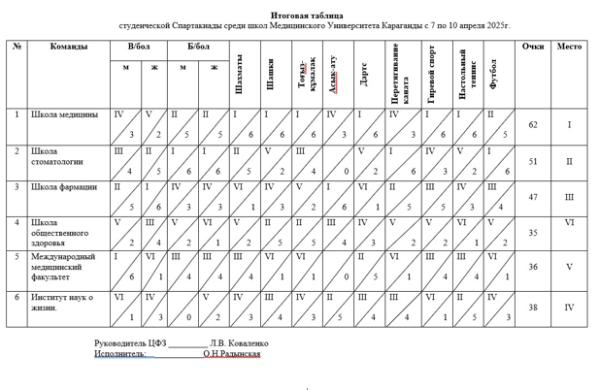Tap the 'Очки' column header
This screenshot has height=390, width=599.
(x=533, y=47)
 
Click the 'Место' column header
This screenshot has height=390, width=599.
(x=570, y=47)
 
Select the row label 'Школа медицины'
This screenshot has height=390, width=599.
(x=64, y=114)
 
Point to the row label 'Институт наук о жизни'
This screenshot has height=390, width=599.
(x=64, y=303)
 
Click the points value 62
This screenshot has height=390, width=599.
(x=533, y=125)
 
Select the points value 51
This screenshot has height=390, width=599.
(x=533, y=162)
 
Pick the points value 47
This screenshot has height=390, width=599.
(x=533, y=196)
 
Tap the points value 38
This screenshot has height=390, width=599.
(x=533, y=307)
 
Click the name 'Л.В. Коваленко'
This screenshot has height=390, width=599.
(x=239, y=343)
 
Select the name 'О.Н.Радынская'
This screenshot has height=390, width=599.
(x=232, y=354)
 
